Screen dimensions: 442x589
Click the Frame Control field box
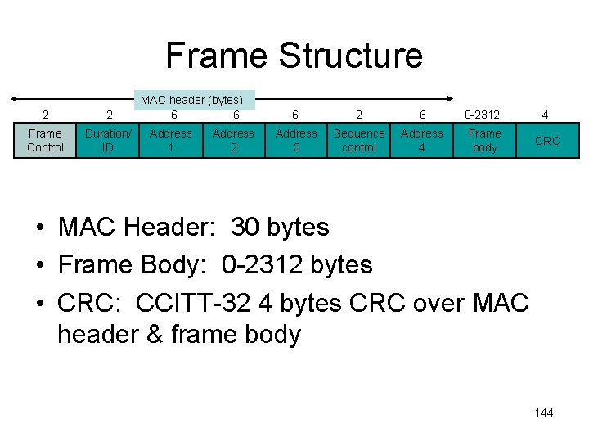pos(45,140)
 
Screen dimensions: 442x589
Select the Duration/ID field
pos(108,140)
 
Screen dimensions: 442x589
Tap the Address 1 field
pos(171,140)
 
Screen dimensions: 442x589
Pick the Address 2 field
pos(233,140)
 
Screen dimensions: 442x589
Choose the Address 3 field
pos(296,140)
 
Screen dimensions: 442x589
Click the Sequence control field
pos(359,140)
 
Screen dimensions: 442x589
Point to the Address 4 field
pos(422,140)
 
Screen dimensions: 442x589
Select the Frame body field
pos(485,140)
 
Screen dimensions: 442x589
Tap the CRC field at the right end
pos(547,140)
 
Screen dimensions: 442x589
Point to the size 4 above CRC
pos(546,115)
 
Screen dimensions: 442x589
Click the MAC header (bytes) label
pos(194,101)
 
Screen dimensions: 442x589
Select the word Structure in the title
pos(350,56)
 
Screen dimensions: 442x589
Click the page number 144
pos(544,413)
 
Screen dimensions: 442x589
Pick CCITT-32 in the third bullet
pos(190,303)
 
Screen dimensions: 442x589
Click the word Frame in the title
pos(216,56)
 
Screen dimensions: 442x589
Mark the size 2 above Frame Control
pos(46,115)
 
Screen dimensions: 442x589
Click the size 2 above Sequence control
pos(358,115)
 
